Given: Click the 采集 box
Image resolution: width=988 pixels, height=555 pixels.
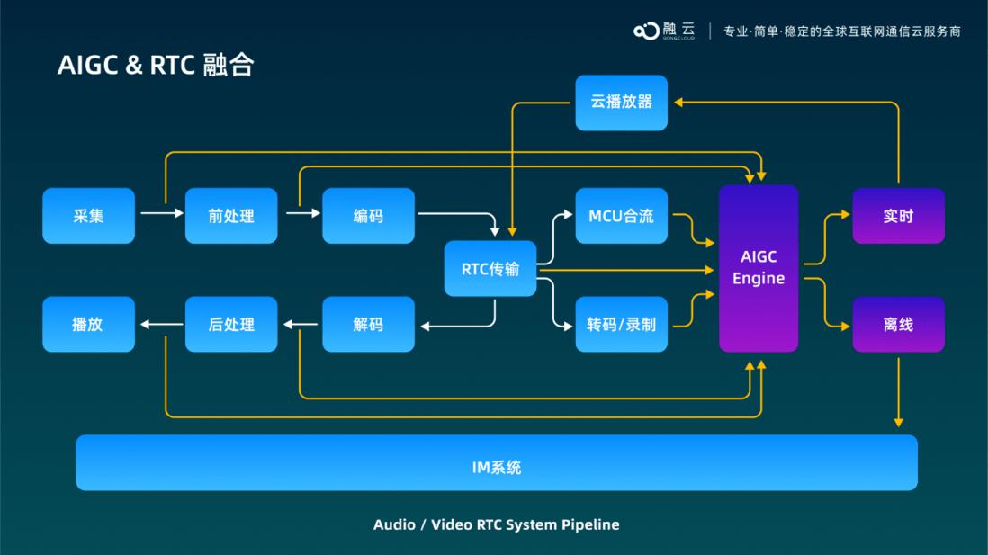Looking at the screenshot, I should (x=88, y=216).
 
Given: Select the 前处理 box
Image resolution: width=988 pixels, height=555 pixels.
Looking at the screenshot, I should (x=231, y=216).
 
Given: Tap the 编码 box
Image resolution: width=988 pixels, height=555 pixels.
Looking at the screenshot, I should (x=368, y=216).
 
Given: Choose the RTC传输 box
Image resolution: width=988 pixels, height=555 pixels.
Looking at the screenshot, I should (x=490, y=268).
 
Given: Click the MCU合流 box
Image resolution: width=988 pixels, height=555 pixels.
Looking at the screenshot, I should (x=621, y=216).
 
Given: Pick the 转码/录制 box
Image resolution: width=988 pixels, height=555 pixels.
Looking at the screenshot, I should (x=621, y=324).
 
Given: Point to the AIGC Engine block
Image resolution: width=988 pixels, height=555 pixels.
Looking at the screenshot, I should (x=759, y=268).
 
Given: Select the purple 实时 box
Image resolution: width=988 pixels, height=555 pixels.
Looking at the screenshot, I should (x=898, y=216).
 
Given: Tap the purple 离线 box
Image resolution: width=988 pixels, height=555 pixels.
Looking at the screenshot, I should (x=898, y=324).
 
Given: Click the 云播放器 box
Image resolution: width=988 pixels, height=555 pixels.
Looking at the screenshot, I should (x=621, y=103).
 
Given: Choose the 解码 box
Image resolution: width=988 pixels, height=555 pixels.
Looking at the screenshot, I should (x=368, y=324).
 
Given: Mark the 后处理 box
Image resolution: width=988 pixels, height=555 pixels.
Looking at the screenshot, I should (x=231, y=324).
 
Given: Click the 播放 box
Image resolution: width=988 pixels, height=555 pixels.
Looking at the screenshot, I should (x=88, y=324).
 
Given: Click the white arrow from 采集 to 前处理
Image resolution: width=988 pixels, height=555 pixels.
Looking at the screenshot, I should (x=160, y=213).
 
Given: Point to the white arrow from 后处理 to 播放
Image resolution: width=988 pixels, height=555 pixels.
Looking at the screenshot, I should (x=160, y=324).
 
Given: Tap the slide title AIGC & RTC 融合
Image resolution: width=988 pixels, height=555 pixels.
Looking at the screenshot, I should (x=156, y=65).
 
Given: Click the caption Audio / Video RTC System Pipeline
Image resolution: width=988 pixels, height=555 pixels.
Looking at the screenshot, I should (x=497, y=524).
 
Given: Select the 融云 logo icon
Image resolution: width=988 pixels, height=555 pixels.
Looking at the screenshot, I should (x=646, y=31).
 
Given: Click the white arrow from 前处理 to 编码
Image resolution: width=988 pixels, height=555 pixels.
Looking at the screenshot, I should (x=302, y=213).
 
